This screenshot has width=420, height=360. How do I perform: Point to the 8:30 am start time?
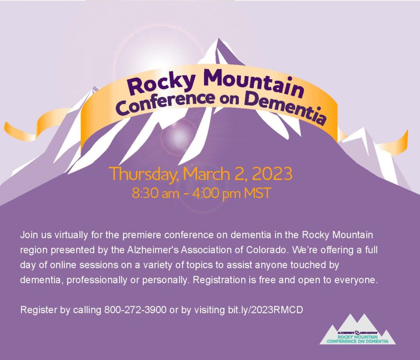point(155,193)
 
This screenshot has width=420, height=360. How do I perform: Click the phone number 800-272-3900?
point(135,310)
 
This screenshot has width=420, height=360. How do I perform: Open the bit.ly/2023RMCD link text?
point(265,310)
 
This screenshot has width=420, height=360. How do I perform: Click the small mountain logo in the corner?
point(358,330)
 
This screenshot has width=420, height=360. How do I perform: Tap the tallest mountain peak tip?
point(219,39)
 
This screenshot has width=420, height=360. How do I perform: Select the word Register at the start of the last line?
point(39,310)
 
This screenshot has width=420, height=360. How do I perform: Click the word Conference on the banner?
point(166,103)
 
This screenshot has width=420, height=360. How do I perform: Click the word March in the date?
point(206,173)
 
